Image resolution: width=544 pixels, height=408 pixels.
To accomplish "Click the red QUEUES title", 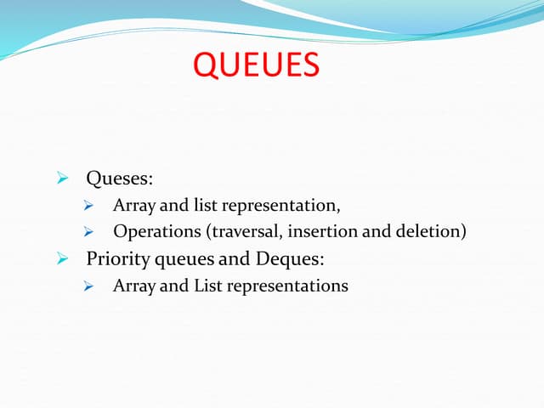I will (257, 65).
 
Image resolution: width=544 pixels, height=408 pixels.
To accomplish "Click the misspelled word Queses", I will (119, 178).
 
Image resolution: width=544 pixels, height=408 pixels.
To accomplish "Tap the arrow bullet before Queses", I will (62, 178).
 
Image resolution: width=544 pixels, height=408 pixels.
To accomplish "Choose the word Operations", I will (152, 231).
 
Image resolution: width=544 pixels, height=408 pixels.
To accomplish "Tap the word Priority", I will (116, 258).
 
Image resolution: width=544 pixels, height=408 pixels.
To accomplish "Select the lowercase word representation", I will (280, 205).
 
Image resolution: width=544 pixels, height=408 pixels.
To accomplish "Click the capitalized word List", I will (207, 286).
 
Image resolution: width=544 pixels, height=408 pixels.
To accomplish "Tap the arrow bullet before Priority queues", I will (62, 258).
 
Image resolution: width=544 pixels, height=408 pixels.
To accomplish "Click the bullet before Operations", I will (88, 231).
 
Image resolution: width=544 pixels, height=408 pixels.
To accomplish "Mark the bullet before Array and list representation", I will (88, 205).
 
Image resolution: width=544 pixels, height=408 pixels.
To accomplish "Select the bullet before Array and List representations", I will (88, 286).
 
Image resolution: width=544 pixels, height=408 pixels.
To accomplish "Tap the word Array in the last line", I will (134, 286).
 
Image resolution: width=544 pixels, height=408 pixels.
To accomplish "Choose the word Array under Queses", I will (134, 205).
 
